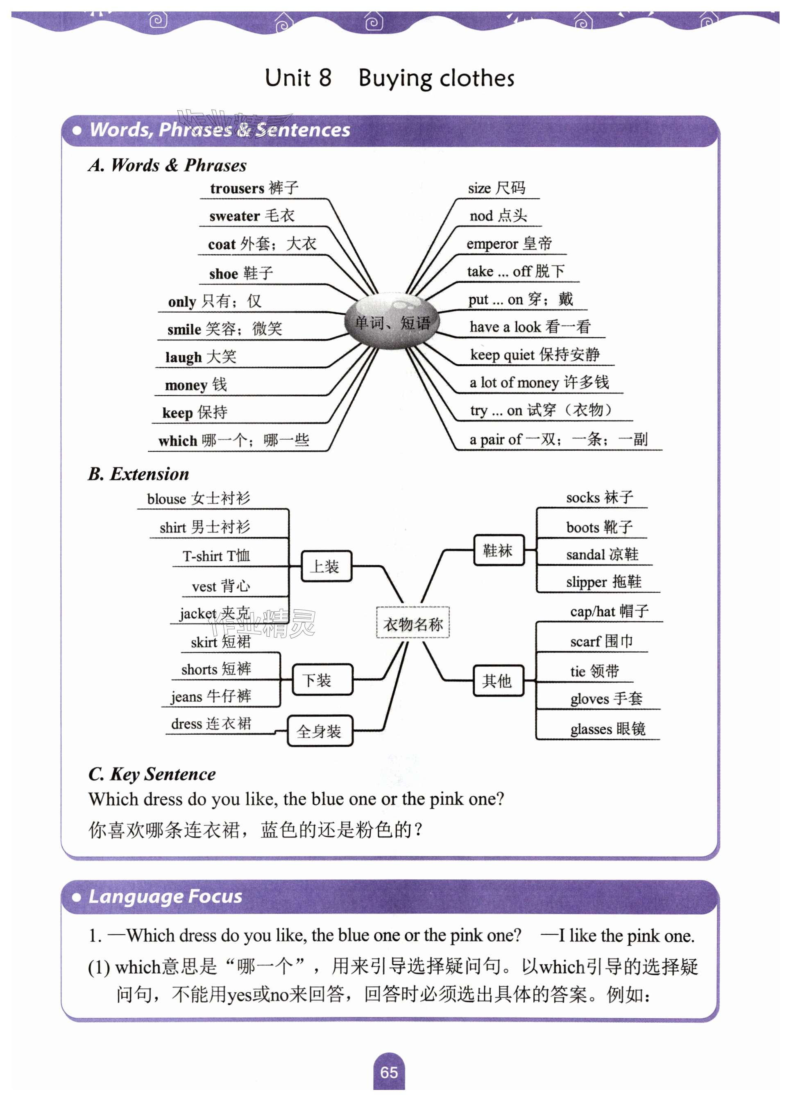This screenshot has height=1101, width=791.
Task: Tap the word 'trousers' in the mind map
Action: (236, 188)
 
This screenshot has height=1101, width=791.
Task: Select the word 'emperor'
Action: (492, 244)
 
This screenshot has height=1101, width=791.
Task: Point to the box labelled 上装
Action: (326, 566)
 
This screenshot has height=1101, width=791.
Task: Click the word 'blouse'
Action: (166, 499)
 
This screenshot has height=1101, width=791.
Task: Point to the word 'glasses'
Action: (591, 729)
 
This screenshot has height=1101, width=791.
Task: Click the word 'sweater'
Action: (234, 216)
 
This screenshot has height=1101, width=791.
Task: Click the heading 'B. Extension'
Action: (139, 474)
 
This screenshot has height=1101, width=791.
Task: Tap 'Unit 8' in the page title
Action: (298, 78)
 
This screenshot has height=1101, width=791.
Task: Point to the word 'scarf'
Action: (585, 642)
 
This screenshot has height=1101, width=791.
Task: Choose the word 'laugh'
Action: (183, 357)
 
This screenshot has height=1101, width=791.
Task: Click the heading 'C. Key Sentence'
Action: (152, 774)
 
